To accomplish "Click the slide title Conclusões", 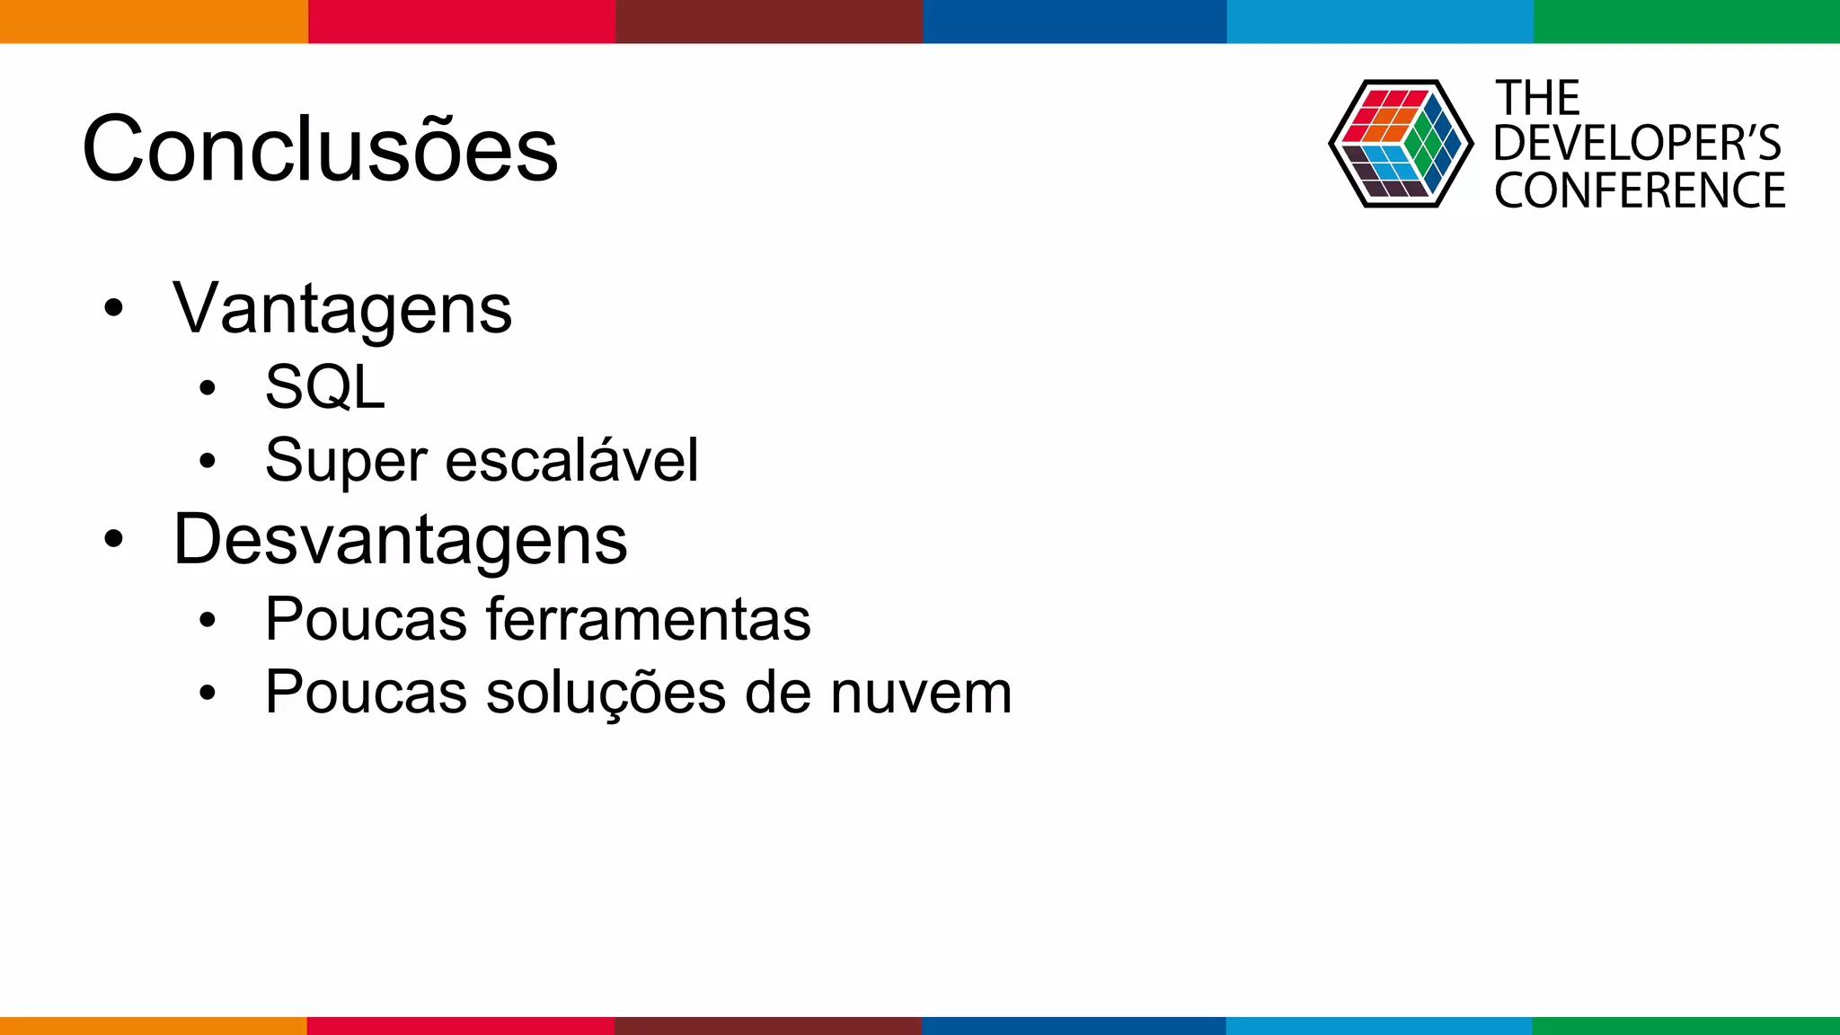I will point(320,149).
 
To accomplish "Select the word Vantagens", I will point(342,309).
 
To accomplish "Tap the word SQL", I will point(325,387).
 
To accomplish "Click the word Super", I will point(345,461).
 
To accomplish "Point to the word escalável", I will point(571,460).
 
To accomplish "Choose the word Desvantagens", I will point(400,540).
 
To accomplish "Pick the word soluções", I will point(606,693).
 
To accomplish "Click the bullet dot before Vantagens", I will point(113,308).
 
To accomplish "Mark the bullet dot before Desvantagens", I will point(113,540).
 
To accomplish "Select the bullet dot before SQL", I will point(208,388).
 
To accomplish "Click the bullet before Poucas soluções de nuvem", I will point(208,693).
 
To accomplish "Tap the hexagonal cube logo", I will point(1401,144).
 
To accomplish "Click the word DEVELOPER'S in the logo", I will point(1637,144).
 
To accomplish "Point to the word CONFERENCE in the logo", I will point(1640,190).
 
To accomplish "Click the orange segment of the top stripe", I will point(154,22).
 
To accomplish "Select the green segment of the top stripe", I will point(1686,22).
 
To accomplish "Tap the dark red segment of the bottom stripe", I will point(768,1025).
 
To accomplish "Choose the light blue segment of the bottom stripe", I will point(1379,1025).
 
